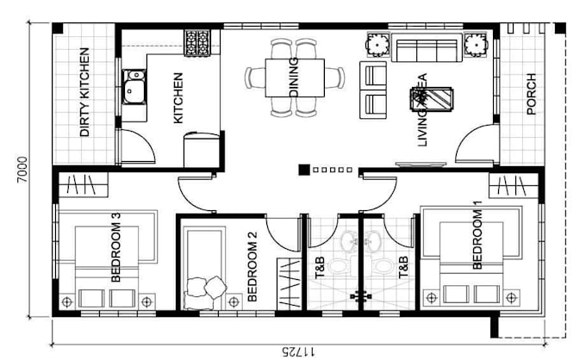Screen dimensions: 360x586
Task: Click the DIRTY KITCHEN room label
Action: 84,94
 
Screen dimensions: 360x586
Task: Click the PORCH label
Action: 530,93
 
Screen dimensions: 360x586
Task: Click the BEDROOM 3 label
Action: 114,254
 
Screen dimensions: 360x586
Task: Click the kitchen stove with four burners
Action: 197,40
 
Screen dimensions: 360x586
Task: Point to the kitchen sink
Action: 134,87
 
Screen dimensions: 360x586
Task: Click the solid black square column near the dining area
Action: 303,170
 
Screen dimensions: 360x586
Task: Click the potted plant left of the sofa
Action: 377,43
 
